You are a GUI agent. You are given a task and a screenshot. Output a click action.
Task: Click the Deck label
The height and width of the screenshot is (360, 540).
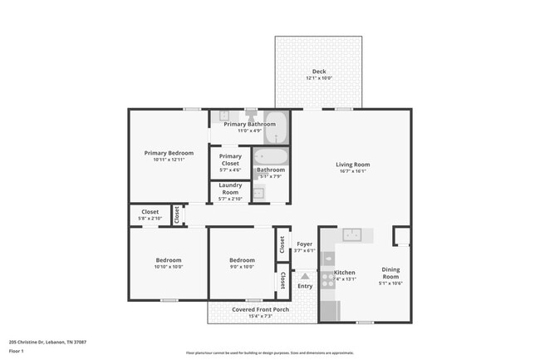(319, 72)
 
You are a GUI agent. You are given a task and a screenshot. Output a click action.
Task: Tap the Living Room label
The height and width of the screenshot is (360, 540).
(352, 165)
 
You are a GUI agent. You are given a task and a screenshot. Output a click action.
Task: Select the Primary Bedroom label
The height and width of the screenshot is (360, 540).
(169, 153)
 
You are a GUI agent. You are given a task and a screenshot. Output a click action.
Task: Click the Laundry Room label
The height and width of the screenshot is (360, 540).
(230, 189)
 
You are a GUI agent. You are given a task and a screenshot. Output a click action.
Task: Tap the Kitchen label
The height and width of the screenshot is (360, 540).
(344, 273)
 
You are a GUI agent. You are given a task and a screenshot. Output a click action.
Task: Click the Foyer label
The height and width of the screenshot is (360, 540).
(305, 244)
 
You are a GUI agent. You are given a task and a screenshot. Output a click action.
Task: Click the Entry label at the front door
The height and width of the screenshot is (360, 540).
(305, 286)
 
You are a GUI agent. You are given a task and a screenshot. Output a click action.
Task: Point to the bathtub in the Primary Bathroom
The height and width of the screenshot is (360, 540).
(277, 129)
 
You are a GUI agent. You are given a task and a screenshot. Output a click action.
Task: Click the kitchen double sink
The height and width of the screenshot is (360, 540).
(352, 234)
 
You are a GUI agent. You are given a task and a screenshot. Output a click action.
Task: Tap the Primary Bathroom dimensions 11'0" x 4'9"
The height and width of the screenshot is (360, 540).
(249, 131)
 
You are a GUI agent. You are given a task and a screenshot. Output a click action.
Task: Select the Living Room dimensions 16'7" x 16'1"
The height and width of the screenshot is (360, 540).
(352, 171)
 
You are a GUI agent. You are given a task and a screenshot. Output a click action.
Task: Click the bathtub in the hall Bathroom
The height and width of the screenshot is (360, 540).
(271, 156)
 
